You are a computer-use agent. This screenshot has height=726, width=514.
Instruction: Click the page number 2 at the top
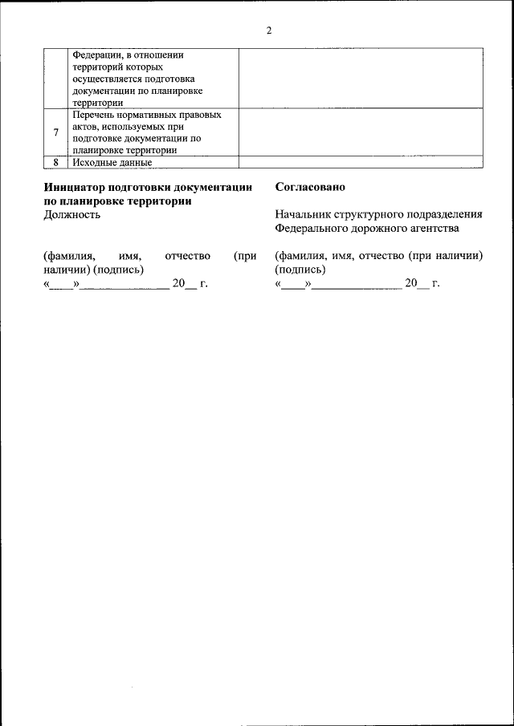pos(269,30)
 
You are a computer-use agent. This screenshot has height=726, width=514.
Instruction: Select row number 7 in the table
pos(55,132)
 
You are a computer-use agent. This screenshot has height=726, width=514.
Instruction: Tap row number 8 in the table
pos(55,162)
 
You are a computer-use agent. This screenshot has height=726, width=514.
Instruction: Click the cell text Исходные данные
pos(112,162)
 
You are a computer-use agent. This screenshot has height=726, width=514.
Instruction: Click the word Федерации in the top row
pos(97,55)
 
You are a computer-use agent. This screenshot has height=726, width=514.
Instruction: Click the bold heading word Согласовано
pos(310,187)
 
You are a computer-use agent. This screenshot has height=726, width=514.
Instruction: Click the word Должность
pos(72,214)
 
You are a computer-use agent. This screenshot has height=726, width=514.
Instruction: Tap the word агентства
pos(432,228)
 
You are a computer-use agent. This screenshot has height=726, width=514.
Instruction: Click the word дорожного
pos(377,228)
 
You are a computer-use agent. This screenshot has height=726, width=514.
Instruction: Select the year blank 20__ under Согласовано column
pos(418,283)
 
